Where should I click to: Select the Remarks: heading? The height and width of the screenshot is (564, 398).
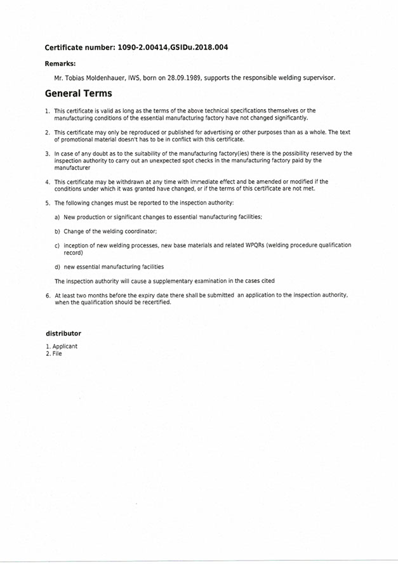click(60, 64)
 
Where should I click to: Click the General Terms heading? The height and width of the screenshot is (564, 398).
click(78, 94)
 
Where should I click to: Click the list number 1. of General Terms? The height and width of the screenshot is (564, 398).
click(48, 111)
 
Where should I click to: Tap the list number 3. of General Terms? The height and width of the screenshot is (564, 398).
click(48, 154)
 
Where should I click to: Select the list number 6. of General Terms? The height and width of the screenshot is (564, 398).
click(48, 296)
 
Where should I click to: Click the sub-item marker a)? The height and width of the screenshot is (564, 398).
click(57, 217)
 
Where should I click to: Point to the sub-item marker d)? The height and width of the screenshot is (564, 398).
click(57, 266)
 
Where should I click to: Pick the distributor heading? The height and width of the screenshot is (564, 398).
click(63, 334)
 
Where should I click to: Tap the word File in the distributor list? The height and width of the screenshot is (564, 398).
click(57, 353)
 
